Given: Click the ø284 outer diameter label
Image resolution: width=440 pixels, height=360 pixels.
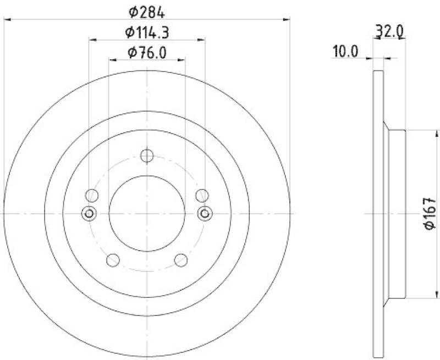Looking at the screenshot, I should (x=146, y=12).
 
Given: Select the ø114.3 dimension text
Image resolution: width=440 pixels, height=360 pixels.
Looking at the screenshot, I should (x=146, y=32).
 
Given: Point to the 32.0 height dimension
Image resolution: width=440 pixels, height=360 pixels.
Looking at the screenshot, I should (x=391, y=32).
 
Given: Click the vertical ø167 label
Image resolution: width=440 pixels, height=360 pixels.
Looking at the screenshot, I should (x=431, y=213).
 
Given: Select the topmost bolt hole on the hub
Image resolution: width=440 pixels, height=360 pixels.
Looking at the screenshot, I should (x=146, y=156).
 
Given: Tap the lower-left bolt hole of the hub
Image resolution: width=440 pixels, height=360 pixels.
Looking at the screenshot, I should (x=113, y=259).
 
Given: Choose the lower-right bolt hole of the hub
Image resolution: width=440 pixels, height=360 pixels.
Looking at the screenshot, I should (x=180, y=259).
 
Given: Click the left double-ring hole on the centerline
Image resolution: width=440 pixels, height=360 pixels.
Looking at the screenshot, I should (x=88, y=213).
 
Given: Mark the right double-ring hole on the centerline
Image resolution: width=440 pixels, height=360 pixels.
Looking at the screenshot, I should (x=205, y=213).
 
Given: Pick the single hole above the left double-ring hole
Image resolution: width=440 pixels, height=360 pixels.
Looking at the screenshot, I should (x=92, y=195).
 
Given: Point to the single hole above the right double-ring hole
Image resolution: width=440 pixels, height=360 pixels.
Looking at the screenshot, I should (x=201, y=195).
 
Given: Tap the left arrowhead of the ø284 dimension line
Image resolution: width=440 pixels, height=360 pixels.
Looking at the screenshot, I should (x=7, y=19).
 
